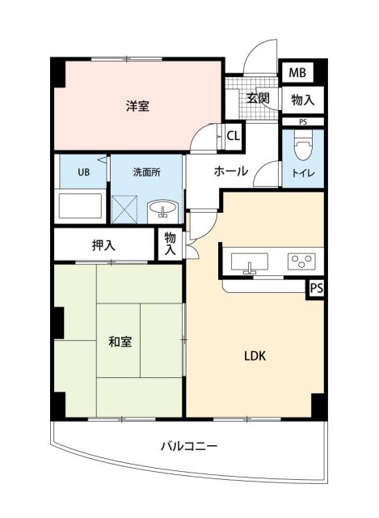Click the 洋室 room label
137,105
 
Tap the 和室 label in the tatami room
120,342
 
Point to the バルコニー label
188,446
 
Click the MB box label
298,73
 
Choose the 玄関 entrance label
258,97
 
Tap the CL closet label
233,135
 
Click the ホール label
231,171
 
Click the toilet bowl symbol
304,149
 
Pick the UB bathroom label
83,172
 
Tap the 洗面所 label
146,172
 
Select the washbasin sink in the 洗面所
165,211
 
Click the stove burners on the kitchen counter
304,261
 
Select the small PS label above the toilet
302,122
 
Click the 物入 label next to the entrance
302,99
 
